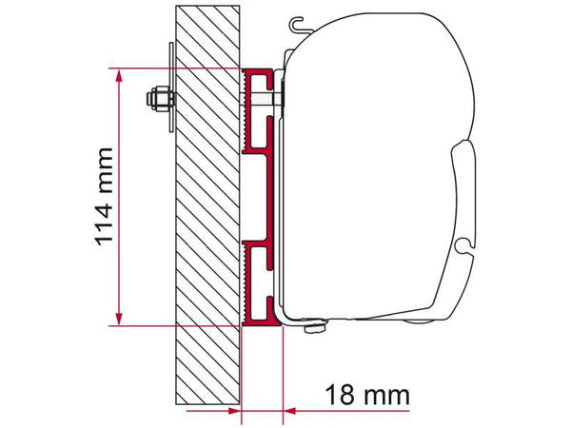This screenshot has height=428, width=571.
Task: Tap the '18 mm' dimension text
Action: tap(366, 392)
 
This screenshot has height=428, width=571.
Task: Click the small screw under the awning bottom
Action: tap(310, 329)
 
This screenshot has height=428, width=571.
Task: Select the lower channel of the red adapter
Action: tap(259, 276)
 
